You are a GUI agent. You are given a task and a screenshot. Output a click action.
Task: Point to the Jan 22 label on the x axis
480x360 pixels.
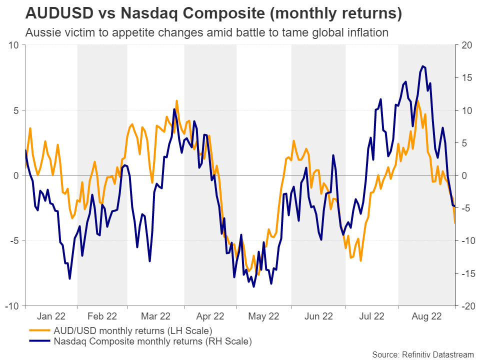[x=51, y=316]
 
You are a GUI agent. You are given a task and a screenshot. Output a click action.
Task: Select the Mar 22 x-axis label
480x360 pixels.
[x=156, y=316]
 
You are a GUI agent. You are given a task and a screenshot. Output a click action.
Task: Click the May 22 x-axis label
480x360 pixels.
[x=263, y=316]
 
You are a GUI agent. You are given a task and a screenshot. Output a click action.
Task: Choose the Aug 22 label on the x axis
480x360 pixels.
[x=426, y=316]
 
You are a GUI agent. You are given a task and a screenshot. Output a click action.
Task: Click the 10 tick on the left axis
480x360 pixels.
[x=14, y=45]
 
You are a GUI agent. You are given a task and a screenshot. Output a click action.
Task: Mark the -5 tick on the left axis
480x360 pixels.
[x=14, y=240]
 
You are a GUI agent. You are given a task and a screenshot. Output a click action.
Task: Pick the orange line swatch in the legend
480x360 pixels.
[x=40, y=331]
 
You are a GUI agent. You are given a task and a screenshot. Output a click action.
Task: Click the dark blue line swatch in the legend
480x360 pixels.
[x=40, y=342]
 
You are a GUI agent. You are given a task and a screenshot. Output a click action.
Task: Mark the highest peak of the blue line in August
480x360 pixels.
[x=423, y=65]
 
